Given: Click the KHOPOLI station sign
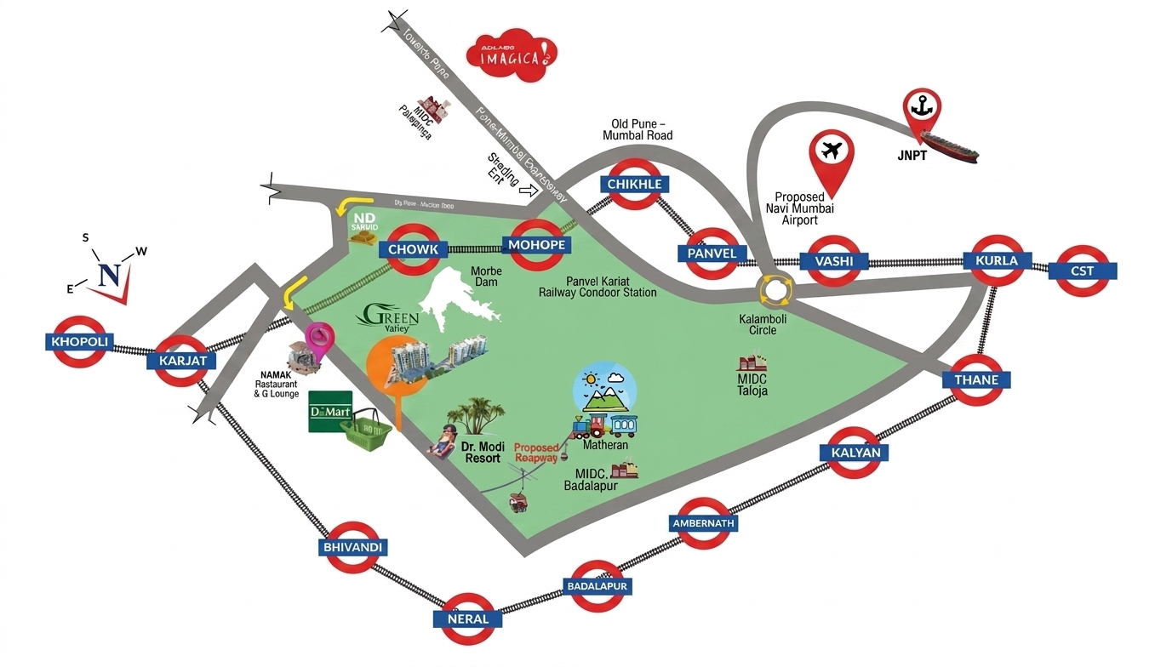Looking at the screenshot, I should (80, 342).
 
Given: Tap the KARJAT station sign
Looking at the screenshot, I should (182, 361).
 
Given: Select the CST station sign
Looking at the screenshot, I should (1082, 271).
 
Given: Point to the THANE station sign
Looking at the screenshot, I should (976, 379).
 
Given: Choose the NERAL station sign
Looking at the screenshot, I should (468, 619).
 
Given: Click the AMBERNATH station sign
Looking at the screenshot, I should (704, 523).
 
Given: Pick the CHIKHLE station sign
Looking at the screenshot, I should (634, 184).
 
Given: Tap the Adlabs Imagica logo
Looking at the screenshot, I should (512, 57).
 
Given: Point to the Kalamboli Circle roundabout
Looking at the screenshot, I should (776, 289).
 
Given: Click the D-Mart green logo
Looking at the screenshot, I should (330, 412).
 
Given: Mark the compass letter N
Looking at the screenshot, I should (110, 275).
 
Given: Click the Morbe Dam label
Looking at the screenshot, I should (485, 276).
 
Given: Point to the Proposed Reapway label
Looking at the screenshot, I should (535, 453).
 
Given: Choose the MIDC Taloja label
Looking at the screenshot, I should (752, 385).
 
